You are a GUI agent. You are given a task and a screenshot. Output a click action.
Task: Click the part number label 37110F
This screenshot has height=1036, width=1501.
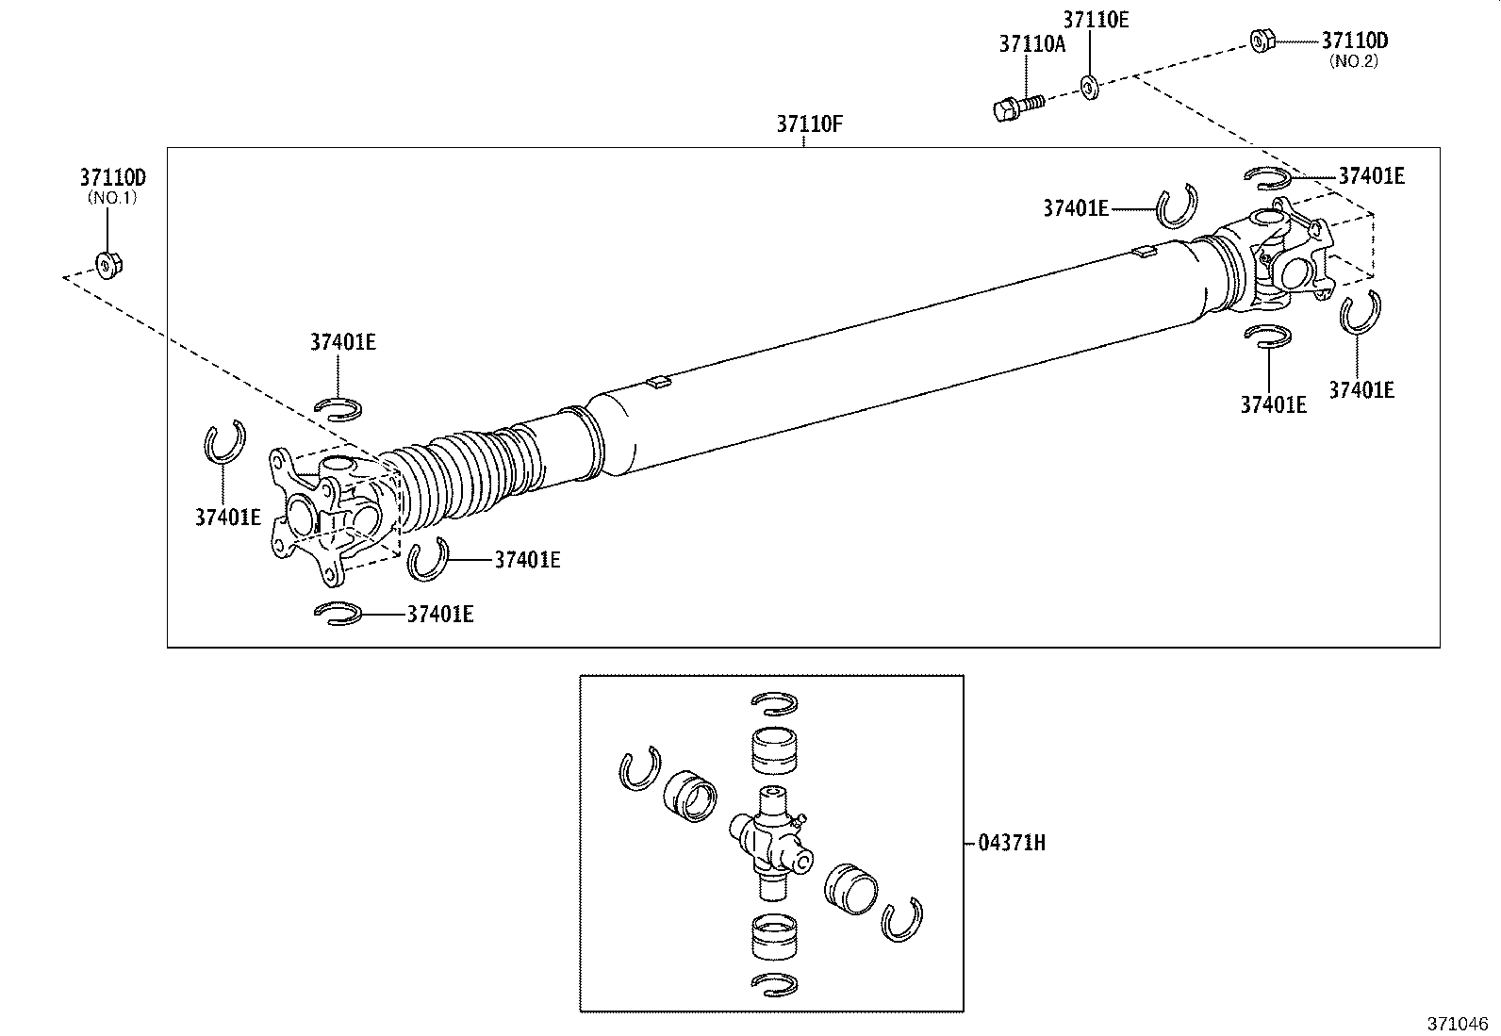(808, 123)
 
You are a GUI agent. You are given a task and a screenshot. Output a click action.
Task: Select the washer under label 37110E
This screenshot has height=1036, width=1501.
(1089, 88)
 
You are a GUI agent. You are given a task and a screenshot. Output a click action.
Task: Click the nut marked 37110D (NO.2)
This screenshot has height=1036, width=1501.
(1262, 41)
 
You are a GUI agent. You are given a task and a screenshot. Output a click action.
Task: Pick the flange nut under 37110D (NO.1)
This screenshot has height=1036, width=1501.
(108, 265)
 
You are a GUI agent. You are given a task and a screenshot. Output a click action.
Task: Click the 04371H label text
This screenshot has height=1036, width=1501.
(1011, 842)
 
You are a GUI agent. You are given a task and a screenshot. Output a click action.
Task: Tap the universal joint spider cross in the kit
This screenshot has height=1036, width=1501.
(770, 833)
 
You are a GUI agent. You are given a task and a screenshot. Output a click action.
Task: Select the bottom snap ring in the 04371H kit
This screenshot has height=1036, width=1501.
(776, 982)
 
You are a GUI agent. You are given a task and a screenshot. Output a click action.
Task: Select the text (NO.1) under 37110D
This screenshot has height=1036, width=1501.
(112, 198)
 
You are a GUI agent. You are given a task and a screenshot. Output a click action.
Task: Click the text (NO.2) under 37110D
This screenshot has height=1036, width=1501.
(1353, 61)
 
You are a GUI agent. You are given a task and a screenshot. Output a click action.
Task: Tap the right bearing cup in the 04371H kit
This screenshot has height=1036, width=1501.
(850, 888)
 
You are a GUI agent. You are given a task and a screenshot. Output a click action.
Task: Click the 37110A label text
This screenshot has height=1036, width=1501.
(1031, 43)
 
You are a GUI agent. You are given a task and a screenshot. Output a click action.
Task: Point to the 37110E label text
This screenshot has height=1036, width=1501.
(1096, 20)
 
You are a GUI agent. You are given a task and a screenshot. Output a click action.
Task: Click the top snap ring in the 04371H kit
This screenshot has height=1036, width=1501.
(776, 702)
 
